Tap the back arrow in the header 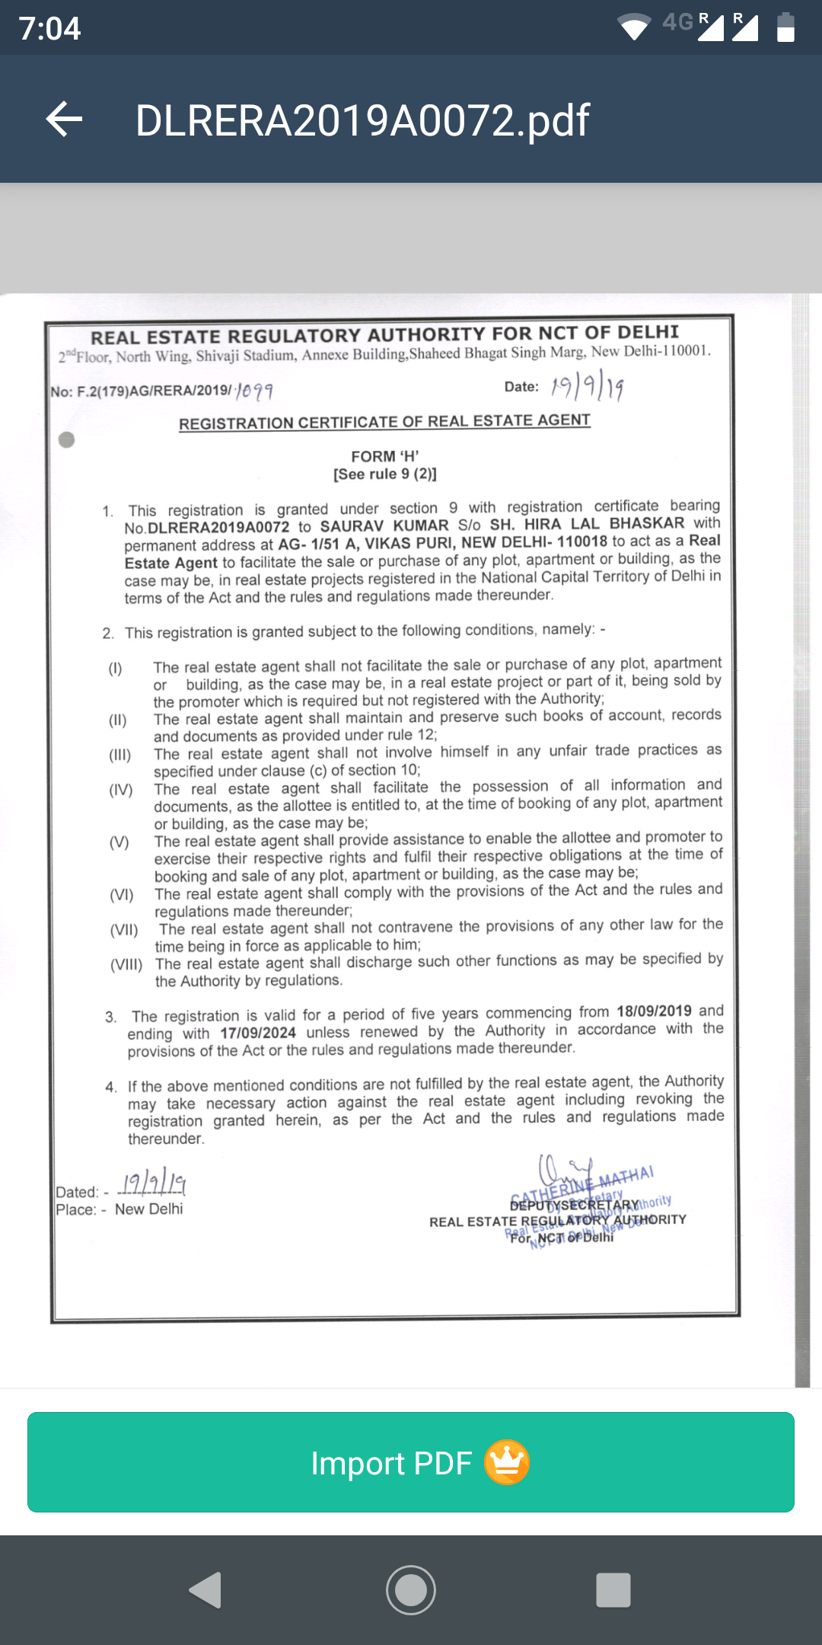[65, 120]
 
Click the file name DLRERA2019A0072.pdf [362, 120]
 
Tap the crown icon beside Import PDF [507, 1462]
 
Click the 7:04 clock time [50, 28]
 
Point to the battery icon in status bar [785, 27]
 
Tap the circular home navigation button [411, 1590]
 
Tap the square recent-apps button [613, 1590]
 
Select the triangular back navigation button [205, 1590]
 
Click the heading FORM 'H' [385, 456]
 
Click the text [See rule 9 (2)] [385, 474]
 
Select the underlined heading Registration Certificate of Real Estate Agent [384, 422]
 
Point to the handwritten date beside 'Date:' [587, 386]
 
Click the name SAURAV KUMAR [384, 525]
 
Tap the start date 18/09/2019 [654, 1011]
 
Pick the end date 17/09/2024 [258, 1033]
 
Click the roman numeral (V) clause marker [119, 842]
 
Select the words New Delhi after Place [149, 1209]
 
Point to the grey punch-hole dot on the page [67, 439]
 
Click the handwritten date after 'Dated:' [155, 1183]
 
